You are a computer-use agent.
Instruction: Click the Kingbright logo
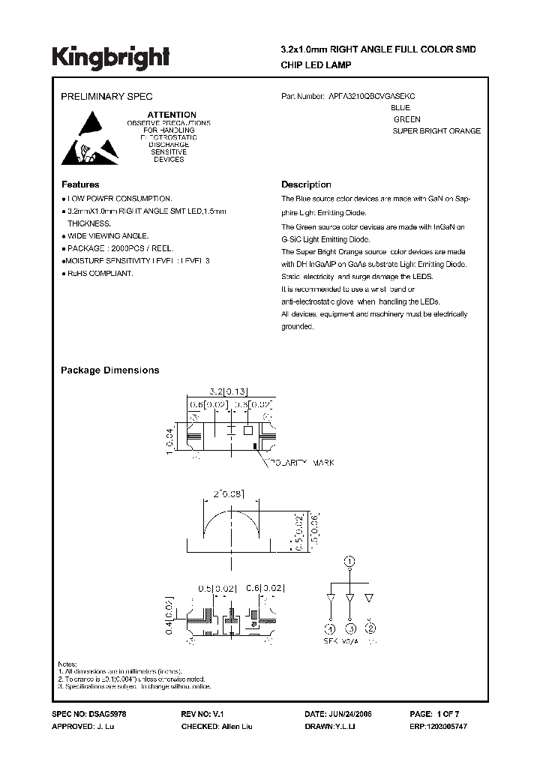tap(111, 56)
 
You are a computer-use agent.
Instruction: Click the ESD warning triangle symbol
tap(84, 138)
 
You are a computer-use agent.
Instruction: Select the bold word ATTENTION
tap(171, 115)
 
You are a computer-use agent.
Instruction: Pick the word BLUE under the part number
tap(401, 108)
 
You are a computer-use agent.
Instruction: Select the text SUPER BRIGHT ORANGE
tap(436, 131)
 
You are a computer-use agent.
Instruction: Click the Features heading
tap(79, 184)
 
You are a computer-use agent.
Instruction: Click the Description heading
tap(306, 184)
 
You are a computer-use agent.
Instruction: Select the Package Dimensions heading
tap(109, 370)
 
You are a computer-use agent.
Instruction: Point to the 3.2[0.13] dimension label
tap(228, 391)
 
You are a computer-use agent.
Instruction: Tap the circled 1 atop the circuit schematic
tap(348, 561)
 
